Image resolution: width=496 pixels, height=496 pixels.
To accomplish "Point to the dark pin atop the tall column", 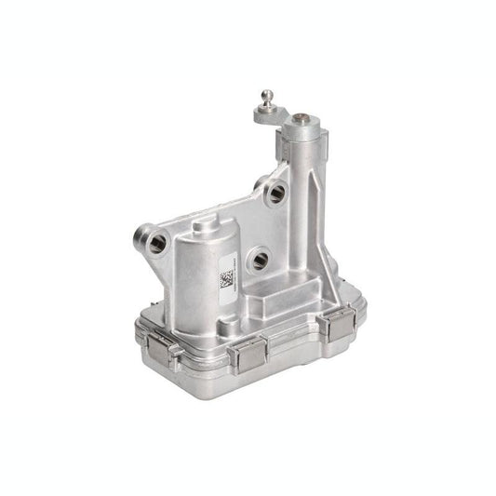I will pos(304,119).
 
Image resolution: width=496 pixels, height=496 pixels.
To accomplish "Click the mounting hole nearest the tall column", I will pos(275,194).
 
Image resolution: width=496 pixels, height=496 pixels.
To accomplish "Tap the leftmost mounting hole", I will pos(154,241).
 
